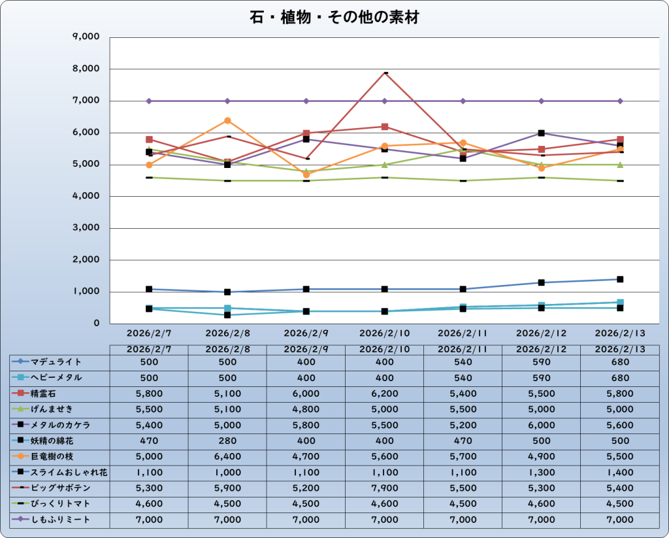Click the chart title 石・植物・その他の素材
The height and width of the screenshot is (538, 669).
click(x=334, y=18)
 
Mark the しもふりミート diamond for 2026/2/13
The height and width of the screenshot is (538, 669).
click(x=620, y=101)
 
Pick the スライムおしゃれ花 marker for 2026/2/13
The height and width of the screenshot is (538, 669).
click(x=620, y=279)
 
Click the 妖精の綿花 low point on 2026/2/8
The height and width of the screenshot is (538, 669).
click(x=227, y=315)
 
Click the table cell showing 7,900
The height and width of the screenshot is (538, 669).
click(x=385, y=488)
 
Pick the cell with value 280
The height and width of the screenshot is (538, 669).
click(x=227, y=441)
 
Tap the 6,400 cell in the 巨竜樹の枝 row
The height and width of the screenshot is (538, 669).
click(x=227, y=456)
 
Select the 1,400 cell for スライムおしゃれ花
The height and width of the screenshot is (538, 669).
click(x=620, y=472)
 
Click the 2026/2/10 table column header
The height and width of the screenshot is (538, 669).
click(x=385, y=350)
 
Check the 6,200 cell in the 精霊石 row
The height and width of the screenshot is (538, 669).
click(x=385, y=394)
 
